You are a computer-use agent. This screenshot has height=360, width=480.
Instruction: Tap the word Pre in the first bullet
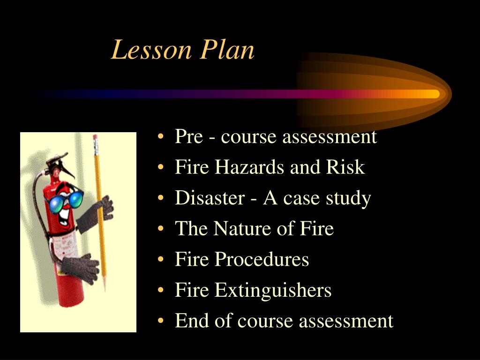tap(188, 137)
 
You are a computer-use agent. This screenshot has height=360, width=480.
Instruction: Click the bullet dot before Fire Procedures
tap(161, 261)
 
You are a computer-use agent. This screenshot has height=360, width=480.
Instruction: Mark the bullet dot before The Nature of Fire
tap(161, 230)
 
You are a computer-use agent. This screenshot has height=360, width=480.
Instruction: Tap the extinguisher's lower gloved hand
tap(80, 268)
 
